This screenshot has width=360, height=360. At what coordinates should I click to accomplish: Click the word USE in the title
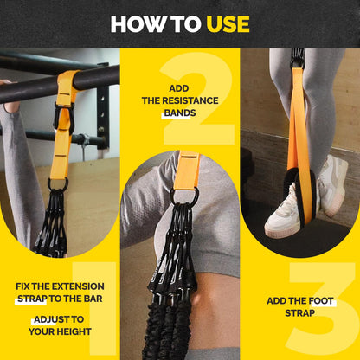coord(228,23)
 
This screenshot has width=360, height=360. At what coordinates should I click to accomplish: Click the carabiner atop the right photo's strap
coord(298,59)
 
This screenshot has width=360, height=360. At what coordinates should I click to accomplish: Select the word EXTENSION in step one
coord(80,286)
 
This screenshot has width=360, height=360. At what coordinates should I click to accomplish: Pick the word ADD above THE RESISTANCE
coord(179,89)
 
